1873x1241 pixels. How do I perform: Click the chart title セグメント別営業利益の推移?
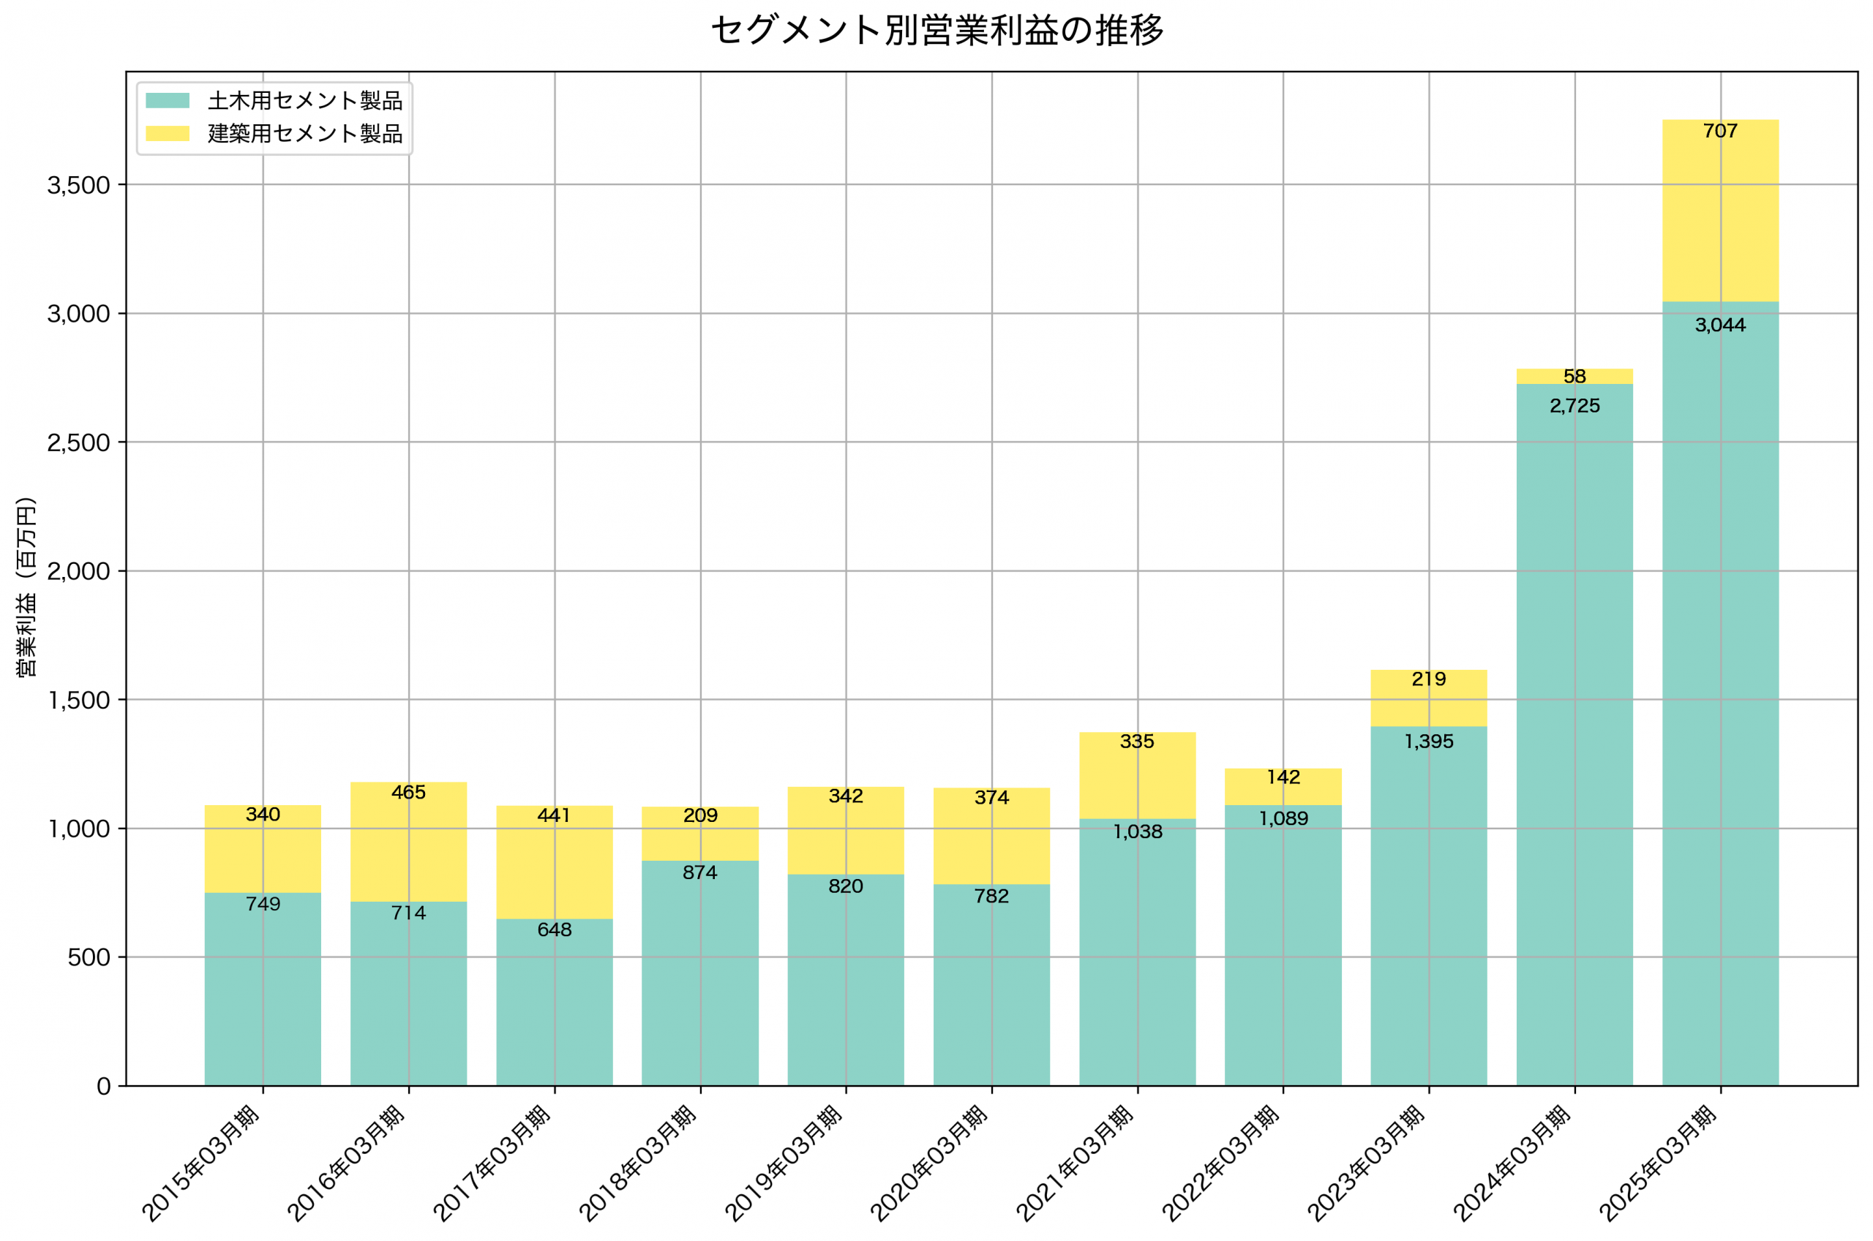pyautogui.click(x=936, y=31)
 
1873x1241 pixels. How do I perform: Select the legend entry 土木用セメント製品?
pyautogui.click(x=305, y=100)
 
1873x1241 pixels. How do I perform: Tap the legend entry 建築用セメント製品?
pyautogui.click(x=305, y=134)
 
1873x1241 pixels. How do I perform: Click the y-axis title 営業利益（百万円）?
pyautogui.click(x=26, y=586)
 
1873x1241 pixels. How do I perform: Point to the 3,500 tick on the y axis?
pyautogui.click(x=78, y=185)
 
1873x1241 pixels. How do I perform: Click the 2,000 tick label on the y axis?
pyautogui.click(x=78, y=571)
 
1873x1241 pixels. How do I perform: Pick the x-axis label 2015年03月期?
pyautogui.click(x=202, y=1163)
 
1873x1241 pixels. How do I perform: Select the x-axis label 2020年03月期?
pyautogui.click(x=931, y=1163)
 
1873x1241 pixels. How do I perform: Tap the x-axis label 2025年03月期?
pyautogui.click(x=1659, y=1163)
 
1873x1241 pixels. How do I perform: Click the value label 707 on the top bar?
pyautogui.click(x=1719, y=132)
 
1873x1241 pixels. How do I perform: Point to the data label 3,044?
pyautogui.click(x=1719, y=325)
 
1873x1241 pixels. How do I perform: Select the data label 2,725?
pyautogui.click(x=1574, y=406)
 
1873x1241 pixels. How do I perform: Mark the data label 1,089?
pyautogui.click(x=1283, y=818)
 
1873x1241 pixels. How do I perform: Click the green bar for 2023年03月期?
pyautogui.click(x=1428, y=910)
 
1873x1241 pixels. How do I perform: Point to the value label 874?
pyautogui.click(x=699, y=872)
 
